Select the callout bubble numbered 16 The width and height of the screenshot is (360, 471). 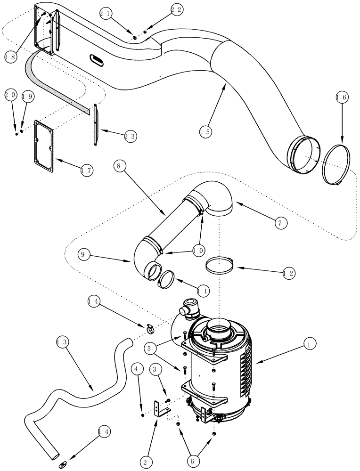pyautogui.click(x=342, y=97)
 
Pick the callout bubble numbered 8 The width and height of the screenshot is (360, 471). pyautogui.click(x=120, y=166)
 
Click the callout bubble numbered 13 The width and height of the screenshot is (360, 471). pyautogui.click(x=62, y=341)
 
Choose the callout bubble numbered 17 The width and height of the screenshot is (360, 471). pyautogui.click(x=86, y=171)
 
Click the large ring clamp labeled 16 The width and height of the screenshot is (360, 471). pyautogui.click(x=335, y=165)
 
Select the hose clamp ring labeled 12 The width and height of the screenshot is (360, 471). pyautogui.click(x=220, y=265)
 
